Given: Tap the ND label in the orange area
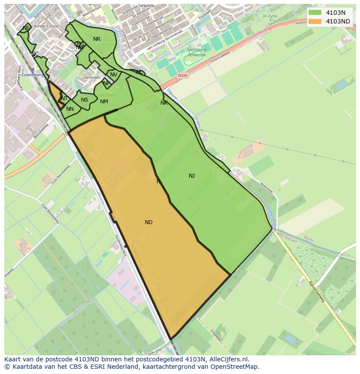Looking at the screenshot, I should [149, 222].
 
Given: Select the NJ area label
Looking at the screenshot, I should [192, 176].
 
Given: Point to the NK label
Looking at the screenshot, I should [164, 103].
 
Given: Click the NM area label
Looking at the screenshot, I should [104, 102].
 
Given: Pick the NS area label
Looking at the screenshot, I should [84, 100].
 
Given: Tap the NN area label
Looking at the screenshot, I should [70, 109].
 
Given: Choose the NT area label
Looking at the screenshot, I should [64, 99].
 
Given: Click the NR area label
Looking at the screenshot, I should [97, 39].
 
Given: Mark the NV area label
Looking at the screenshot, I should [113, 75].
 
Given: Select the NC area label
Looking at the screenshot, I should [35, 54].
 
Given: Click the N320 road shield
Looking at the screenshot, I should [183, 75].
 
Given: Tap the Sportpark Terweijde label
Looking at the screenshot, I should [197, 52].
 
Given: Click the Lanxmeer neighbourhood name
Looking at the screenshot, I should [91, 78].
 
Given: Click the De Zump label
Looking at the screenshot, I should [270, 16].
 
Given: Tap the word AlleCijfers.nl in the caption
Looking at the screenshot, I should [228, 359].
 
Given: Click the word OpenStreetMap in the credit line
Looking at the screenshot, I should [235, 367].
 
